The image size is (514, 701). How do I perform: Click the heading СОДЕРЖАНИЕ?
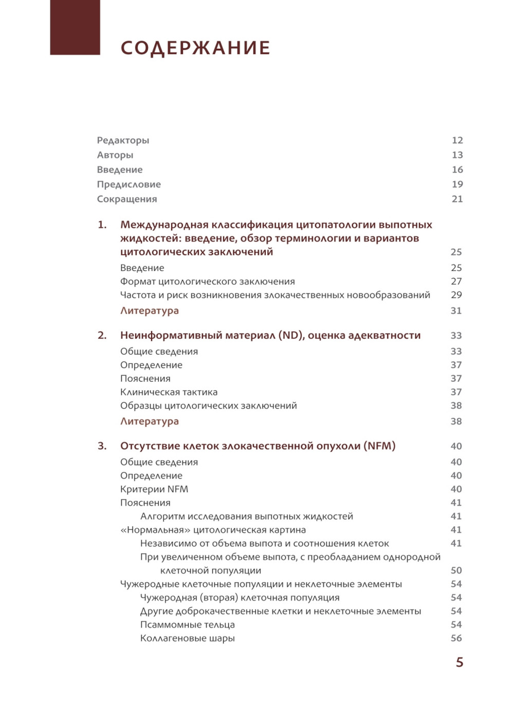(195, 48)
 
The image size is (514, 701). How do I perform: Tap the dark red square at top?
(75, 27)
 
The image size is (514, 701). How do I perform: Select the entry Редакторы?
(123, 140)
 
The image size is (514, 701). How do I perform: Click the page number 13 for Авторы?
(457, 155)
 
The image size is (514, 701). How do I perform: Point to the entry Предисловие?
(128, 184)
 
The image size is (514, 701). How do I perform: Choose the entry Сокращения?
(127, 199)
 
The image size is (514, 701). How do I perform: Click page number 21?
(457, 199)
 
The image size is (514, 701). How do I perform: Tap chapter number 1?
(102, 225)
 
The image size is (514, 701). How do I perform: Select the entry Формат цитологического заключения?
(207, 281)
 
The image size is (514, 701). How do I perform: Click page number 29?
(456, 294)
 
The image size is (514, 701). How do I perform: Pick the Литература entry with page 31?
(149, 310)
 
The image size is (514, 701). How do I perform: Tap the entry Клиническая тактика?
(169, 392)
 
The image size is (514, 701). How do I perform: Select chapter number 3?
(102, 446)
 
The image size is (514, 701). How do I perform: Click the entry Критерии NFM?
(154, 489)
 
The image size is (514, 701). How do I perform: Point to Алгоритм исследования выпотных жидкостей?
(246, 516)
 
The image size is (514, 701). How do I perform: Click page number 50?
(456, 570)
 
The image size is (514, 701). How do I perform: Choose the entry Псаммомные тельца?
(187, 624)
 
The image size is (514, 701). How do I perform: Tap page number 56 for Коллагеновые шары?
(456, 638)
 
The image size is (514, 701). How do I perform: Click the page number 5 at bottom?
(460, 662)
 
